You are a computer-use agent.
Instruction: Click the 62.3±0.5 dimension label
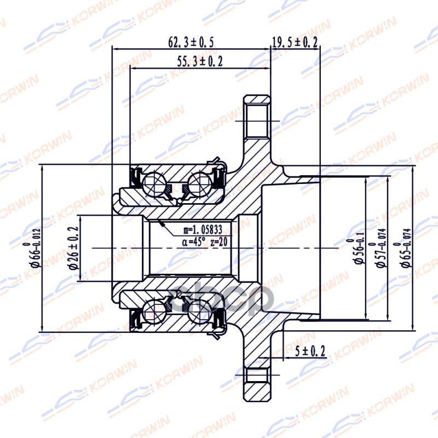(191, 42)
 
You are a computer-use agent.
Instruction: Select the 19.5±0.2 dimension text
(296, 42)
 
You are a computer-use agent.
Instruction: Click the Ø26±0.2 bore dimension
(72, 248)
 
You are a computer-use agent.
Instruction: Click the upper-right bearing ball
(200, 181)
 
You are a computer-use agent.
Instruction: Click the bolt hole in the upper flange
(257, 120)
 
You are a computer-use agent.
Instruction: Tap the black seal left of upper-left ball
(133, 176)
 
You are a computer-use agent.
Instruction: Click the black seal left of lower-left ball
(133, 320)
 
